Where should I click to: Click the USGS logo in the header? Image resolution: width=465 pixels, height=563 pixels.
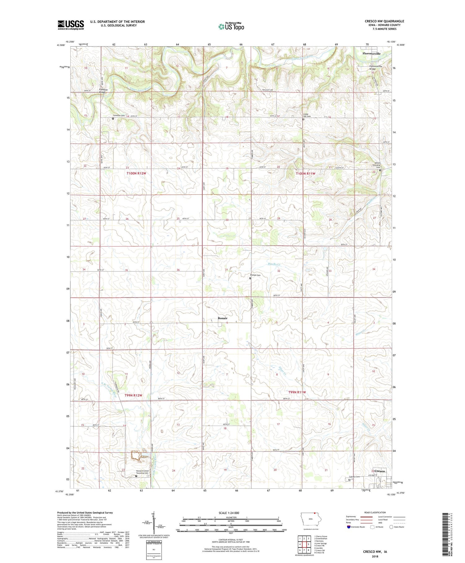click(x=71, y=25)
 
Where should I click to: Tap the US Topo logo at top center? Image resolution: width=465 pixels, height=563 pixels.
click(x=231, y=26)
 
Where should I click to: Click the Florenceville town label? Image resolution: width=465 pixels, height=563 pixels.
click(x=371, y=53)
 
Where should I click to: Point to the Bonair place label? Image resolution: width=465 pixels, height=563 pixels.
click(x=222, y=318)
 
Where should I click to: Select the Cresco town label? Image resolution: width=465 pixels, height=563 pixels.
click(x=379, y=471)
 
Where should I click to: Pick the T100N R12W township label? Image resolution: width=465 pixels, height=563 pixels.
click(x=136, y=173)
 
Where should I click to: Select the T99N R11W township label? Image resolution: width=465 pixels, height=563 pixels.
click(x=297, y=392)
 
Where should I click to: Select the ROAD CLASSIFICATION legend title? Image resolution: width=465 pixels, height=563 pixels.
click(x=375, y=512)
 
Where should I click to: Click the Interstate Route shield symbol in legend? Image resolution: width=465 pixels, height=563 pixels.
click(x=349, y=527)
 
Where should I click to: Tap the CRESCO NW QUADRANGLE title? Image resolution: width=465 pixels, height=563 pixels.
click(x=384, y=21)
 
